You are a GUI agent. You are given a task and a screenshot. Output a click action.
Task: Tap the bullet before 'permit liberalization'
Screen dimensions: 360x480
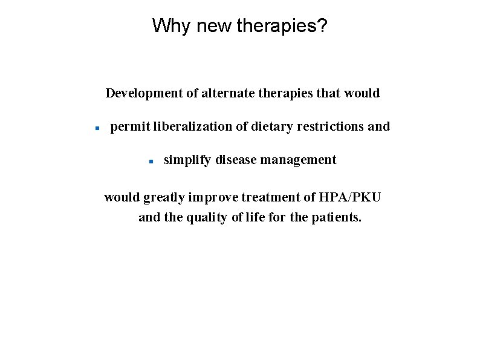[x=96, y=128]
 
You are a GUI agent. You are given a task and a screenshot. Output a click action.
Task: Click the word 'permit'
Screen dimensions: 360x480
[x=130, y=126]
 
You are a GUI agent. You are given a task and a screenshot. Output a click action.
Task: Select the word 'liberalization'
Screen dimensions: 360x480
[x=193, y=126]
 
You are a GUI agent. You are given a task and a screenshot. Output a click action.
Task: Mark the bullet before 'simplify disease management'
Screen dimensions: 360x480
[x=151, y=162]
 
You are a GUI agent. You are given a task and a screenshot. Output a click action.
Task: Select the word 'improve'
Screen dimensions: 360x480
[x=209, y=197]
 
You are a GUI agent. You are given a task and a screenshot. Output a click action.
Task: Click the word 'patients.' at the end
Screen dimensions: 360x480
[x=336, y=217]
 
